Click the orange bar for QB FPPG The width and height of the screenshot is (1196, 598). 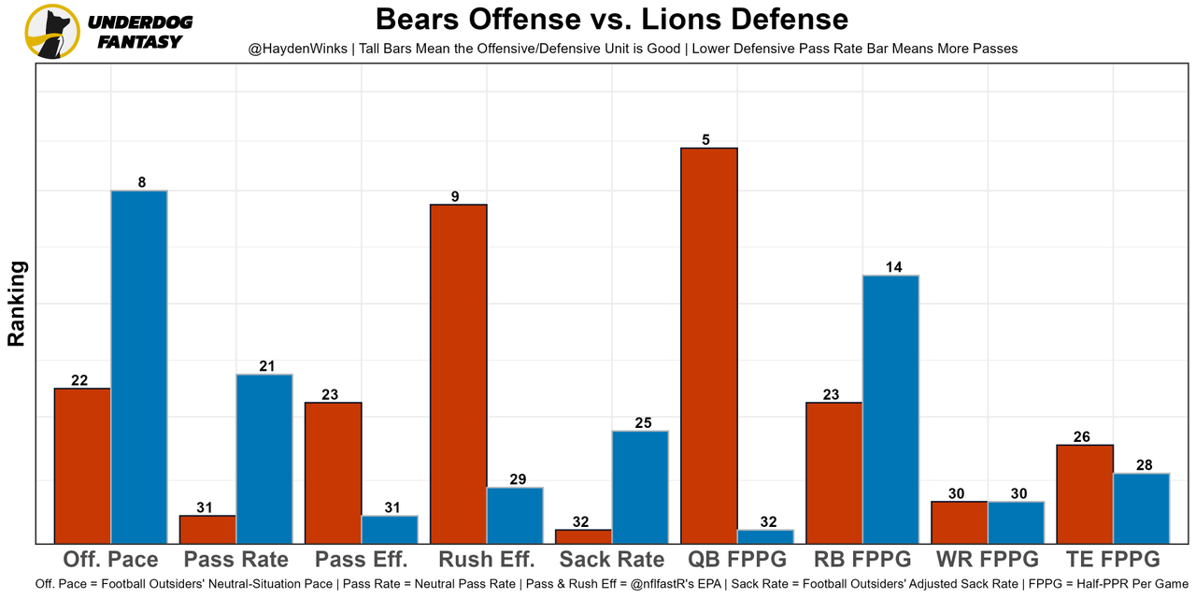[x=709, y=346]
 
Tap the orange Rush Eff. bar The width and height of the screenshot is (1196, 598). [x=458, y=374]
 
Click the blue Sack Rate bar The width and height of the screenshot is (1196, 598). [x=640, y=486]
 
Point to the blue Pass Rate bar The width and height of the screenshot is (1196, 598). [x=264, y=458]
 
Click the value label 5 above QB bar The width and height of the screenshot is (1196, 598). [x=706, y=140]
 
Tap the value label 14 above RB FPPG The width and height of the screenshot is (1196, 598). [x=893, y=267]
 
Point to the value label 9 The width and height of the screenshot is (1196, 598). [x=455, y=196]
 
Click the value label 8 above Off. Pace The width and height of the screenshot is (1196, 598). [x=142, y=183]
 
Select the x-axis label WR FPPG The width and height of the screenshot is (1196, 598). [x=988, y=560]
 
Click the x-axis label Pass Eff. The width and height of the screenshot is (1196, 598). [x=362, y=560]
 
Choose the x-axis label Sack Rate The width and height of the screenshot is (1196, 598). [x=612, y=560]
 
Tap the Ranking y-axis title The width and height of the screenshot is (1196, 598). [x=17, y=304]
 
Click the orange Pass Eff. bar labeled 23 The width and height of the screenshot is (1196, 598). [x=334, y=472]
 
